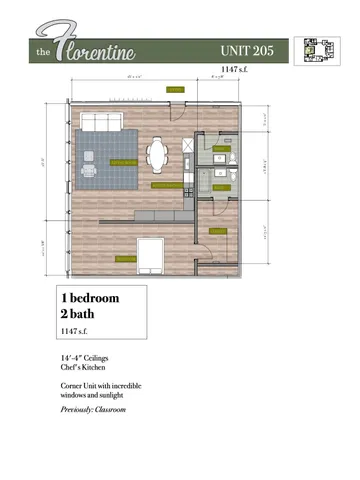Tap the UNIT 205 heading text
point(253,48)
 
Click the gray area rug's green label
point(123,161)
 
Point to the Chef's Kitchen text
point(84,368)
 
